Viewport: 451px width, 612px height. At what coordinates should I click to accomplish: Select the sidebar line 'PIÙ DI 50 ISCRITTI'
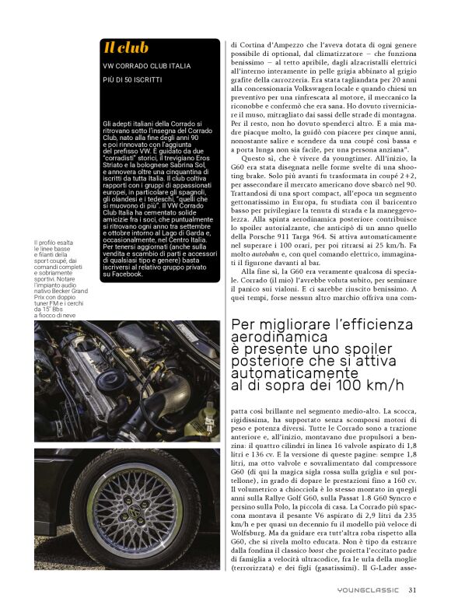(x=135, y=79)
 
